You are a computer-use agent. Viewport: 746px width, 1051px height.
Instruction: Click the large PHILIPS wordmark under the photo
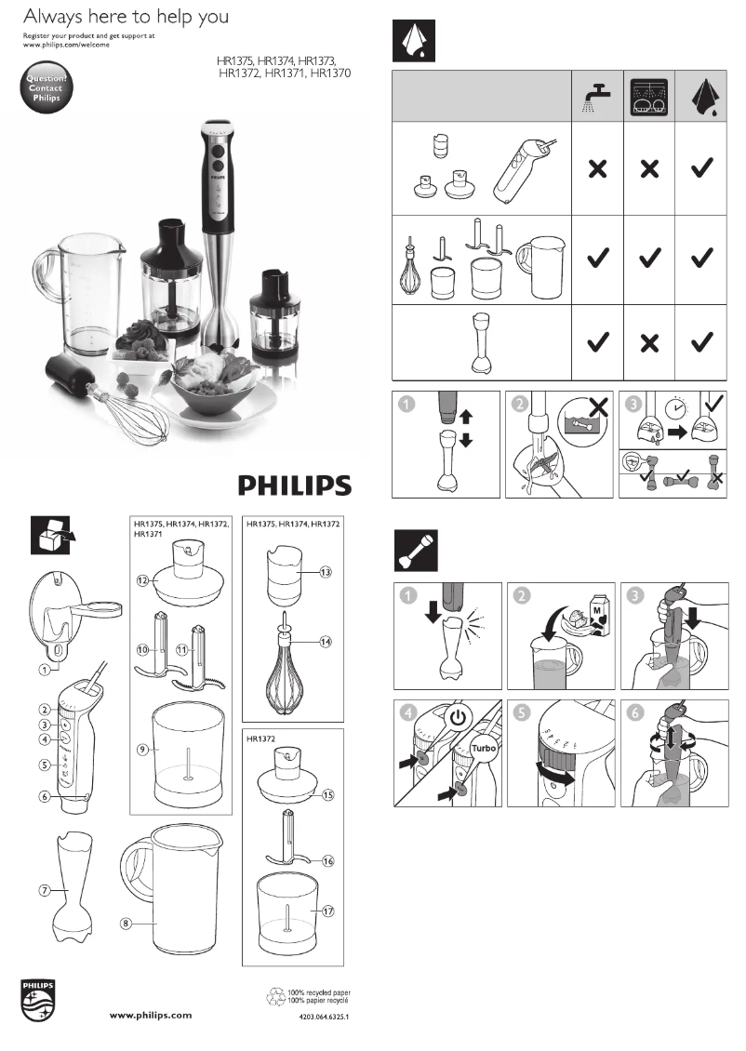293,485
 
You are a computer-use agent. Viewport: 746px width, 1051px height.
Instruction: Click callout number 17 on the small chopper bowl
326,911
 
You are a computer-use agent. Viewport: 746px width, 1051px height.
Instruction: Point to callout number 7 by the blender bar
44,890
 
